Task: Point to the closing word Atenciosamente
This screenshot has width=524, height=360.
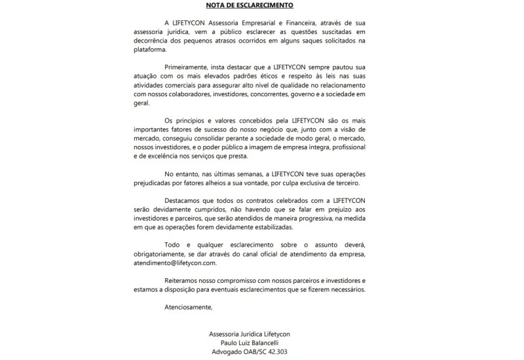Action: [189, 307]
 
